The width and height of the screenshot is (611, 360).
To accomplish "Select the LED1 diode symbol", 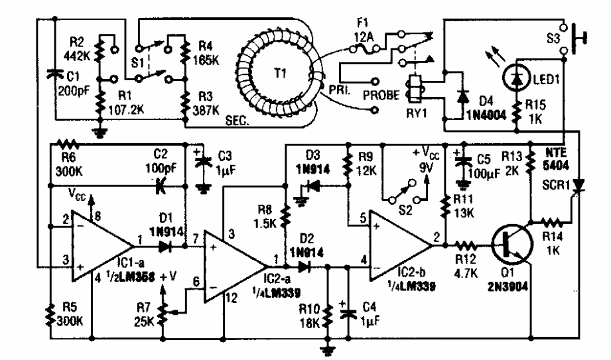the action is (x=516, y=80).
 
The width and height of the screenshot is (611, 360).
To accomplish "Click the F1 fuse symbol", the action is (x=364, y=48).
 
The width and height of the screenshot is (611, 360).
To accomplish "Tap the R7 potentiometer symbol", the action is (x=164, y=310).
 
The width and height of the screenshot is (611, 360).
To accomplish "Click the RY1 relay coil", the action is (x=413, y=87).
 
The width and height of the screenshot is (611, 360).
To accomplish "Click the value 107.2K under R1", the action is (x=125, y=110).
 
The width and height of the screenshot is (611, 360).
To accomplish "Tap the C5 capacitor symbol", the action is (x=463, y=160).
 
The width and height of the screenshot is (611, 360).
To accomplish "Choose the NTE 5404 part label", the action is (x=556, y=159).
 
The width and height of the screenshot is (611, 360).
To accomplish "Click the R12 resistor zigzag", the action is (x=466, y=246).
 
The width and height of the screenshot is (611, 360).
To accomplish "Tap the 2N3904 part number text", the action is (x=508, y=287).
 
